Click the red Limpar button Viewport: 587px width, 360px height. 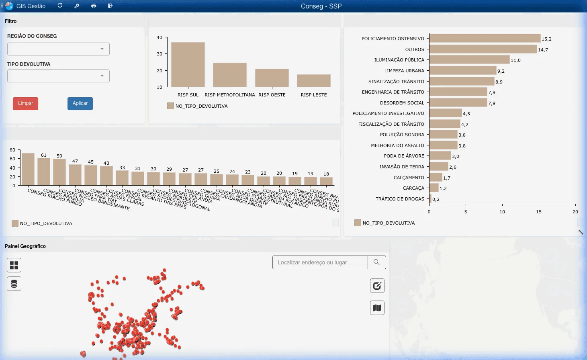tap(25, 103)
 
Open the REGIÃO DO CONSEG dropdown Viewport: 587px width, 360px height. tap(58, 49)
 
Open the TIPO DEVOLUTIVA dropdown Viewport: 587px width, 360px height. tap(58, 76)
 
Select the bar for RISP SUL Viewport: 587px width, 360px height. tap(188, 64)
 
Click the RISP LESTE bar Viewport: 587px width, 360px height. tap(313, 80)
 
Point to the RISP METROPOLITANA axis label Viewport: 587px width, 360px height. tap(229, 95)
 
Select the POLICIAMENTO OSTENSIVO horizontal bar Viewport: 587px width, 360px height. tap(485, 39)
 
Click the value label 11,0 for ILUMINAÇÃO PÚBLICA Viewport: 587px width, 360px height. tap(515, 60)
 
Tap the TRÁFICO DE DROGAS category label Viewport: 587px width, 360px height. tap(399, 199)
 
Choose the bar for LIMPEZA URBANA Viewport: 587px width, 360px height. tap(462, 71)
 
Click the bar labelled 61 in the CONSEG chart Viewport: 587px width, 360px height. tap(44, 172)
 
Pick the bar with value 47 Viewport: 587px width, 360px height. tap(75, 174)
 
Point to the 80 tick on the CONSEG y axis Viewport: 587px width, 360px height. tap(12, 150)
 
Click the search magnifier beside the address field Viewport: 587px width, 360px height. tap(376, 262)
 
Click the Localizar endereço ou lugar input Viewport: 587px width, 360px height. tap(320, 262)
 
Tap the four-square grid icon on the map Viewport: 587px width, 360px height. tap(14, 265)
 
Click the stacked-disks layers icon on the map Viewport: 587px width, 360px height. tap(14, 284)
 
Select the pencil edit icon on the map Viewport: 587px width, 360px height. tap(377, 286)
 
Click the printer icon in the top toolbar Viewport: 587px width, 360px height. tap(94, 6)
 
